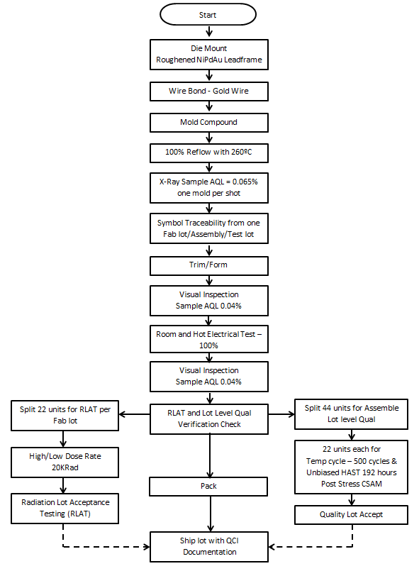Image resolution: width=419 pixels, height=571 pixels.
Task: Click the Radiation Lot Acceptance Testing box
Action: tap(65, 506)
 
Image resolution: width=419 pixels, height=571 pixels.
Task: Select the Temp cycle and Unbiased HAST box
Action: tap(352, 467)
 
